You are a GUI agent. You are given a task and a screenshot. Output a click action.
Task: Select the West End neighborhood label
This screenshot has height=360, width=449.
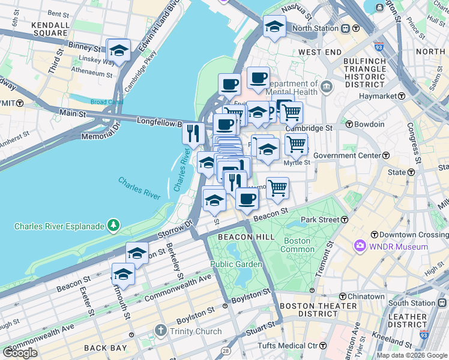[x=320, y=53]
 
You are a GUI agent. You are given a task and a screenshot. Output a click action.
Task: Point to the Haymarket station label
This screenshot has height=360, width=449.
[x=378, y=96]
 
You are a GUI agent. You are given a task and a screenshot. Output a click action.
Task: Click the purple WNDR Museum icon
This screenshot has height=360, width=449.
[x=360, y=246]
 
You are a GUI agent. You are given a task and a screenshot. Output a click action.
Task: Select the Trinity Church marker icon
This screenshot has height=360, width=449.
[x=160, y=330]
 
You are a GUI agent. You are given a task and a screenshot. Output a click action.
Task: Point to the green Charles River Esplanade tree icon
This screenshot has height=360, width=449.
[x=113, y=226]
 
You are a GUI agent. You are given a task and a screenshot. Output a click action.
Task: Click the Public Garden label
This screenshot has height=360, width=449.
[x=236, y=264]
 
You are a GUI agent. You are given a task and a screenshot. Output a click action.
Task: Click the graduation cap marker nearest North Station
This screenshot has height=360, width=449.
[x=274, y=27]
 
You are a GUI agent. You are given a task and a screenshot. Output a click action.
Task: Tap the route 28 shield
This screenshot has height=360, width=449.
[x=226, y=350]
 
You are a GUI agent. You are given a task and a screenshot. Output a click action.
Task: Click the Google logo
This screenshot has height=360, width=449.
[x=20, y=353]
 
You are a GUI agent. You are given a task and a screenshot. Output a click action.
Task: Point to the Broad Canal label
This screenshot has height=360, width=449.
[x=107, y=102]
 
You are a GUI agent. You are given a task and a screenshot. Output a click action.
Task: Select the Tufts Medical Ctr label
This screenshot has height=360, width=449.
[x=287, y=346]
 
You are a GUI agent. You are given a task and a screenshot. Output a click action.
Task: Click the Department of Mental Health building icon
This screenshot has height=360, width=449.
[x=327, y=88]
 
